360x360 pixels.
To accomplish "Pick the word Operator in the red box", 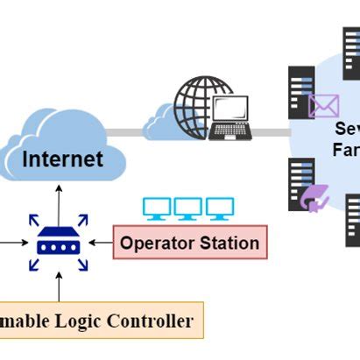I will (x=155, y=243).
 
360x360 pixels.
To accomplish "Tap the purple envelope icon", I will (x=323, y=106).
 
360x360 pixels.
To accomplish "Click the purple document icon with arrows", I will (x=314, y=199).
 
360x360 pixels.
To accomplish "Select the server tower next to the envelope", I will (x=301, y=93).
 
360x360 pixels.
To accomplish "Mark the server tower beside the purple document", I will (x=300, y=183).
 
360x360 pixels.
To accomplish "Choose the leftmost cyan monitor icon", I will (x=157, y=208).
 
